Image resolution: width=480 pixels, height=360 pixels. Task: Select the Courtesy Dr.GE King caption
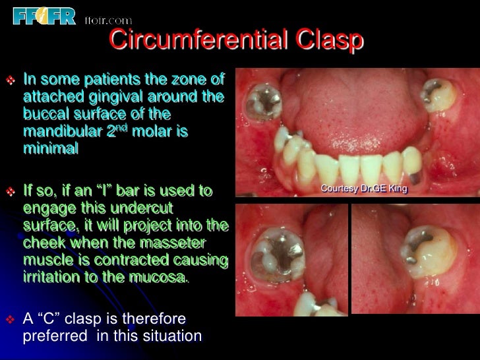point(364,189)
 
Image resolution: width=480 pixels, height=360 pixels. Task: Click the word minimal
point(50,149)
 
